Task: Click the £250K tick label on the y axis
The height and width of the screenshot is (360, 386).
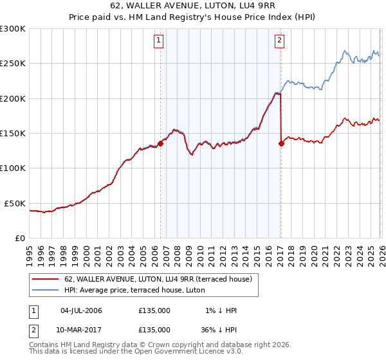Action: click(x=13, y=64)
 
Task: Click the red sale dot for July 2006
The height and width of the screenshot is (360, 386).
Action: click(x=160, y=144)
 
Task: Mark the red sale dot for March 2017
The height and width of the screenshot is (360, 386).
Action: click(x=281, y=144)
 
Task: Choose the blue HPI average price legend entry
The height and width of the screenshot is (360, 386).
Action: click(x=142, y=290)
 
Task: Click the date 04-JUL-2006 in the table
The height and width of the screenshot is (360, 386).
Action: click(x=81, y=310)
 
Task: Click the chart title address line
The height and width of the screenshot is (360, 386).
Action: click(x=192, y=7)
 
